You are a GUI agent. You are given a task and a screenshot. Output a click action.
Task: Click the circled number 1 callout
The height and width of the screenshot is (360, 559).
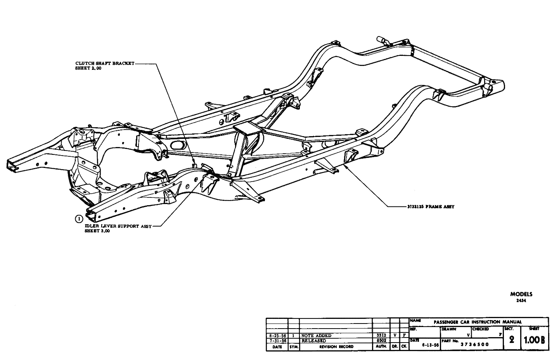pos(79,218)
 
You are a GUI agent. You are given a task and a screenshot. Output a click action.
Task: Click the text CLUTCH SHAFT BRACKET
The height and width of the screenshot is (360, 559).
pos(104,63)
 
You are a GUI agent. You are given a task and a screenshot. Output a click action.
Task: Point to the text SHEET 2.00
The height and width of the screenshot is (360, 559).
pos(88,68)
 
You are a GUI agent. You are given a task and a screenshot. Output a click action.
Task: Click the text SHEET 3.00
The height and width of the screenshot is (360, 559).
pos(97,231)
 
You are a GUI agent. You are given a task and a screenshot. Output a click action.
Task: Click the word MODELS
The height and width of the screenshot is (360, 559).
pos(521,294)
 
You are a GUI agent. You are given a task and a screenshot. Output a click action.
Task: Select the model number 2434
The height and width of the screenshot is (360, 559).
pos(521,300)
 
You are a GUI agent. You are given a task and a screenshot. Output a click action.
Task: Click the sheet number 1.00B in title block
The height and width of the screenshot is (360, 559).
pos(534,340)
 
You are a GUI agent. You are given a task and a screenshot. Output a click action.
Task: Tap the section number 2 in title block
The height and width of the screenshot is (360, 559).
pos(512,340)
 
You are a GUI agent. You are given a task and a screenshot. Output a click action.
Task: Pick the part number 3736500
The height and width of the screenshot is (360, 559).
pos(474,344)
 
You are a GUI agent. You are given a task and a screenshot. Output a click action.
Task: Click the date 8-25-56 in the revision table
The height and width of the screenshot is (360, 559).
pos(277,336)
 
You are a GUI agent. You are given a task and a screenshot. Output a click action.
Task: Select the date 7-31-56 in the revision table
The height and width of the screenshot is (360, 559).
pos(277,341)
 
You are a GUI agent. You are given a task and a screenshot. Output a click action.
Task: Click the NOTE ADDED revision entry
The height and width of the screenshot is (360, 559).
pos(316,336)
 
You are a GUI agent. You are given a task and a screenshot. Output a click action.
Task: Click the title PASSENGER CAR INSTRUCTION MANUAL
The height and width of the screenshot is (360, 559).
pos(478,322)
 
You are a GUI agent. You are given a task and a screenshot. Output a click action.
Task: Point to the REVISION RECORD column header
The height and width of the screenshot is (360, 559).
pos(336,346)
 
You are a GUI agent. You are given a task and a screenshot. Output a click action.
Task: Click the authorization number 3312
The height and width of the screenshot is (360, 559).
pos(381,335)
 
